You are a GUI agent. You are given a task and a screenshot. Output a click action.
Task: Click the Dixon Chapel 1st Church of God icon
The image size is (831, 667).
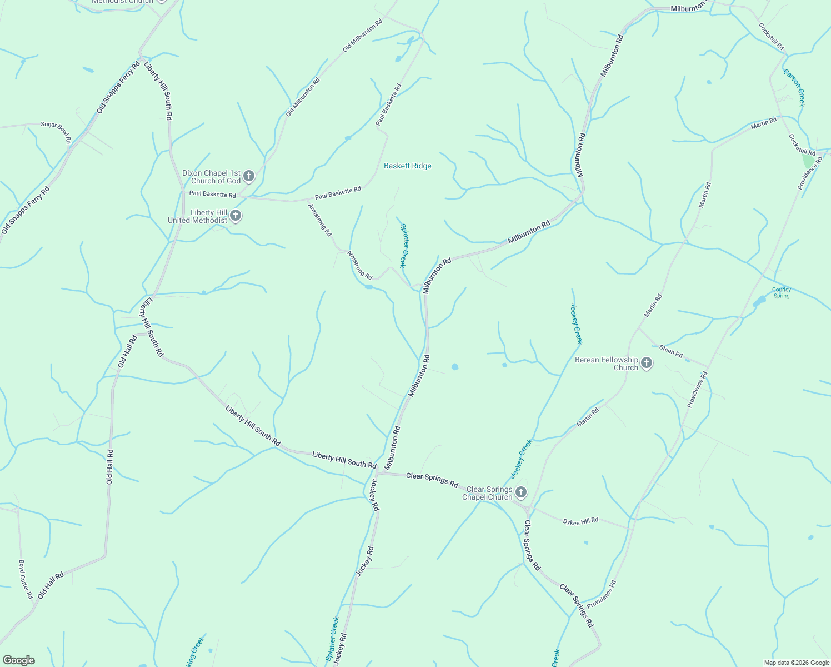[249, 177]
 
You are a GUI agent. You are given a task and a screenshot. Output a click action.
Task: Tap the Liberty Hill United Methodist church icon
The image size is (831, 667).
[236, 216]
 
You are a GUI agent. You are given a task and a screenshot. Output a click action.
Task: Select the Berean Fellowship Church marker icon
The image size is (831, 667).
[646, 364]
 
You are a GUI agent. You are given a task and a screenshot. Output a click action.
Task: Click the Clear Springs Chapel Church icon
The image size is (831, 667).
[520, 492]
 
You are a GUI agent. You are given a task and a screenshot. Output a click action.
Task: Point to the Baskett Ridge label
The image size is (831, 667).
[408, 166]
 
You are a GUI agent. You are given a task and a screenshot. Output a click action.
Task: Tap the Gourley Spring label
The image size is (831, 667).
[782, 292]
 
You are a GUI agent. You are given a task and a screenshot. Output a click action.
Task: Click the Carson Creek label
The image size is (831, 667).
[794, 87]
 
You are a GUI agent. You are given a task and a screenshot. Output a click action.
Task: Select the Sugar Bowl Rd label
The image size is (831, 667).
[56, 132]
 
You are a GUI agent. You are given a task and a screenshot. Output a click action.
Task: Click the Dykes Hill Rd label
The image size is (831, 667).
[580, 521]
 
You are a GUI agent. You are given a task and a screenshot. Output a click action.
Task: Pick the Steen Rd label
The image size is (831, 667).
[671, 351]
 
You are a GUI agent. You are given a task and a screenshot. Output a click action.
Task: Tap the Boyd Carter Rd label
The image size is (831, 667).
[26, 579]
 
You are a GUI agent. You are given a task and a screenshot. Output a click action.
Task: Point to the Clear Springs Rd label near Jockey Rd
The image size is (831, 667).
[432, 480]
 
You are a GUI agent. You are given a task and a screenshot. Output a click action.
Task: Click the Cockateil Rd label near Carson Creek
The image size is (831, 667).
[771, 36]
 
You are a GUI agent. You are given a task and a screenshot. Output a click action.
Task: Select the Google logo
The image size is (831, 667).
[18, 660]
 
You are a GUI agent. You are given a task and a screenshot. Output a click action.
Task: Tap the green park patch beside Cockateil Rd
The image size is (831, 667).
[808, 161]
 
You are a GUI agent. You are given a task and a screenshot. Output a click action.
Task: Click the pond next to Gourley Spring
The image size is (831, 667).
[759, 302]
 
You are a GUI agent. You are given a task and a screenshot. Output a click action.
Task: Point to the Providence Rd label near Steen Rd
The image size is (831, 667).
[697, 390]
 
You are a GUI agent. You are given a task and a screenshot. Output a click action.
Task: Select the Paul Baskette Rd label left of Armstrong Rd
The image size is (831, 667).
[212, 194]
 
